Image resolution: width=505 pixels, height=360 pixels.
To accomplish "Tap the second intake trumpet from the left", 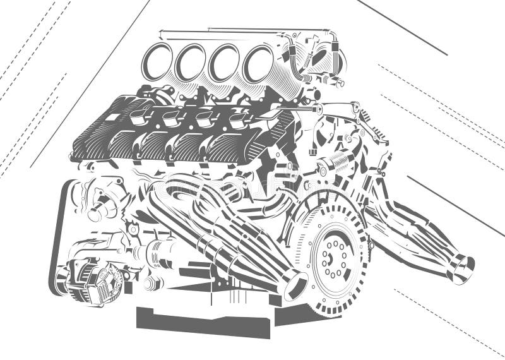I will pyautogui.click(x=190, y=63).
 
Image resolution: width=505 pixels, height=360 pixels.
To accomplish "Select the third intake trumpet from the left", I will pyautogui.click(x=223, y=63).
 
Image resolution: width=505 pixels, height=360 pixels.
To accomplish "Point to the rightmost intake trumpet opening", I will pyautogui.click(x=258, y=63).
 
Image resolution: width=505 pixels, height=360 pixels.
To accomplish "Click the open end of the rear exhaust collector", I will pyautogui.click(x=462, y=268).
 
